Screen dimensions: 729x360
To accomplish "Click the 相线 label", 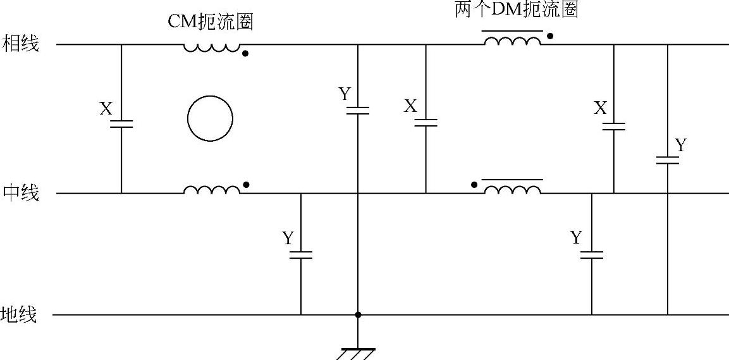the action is point(21,44).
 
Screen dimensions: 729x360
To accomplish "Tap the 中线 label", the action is point(21,192).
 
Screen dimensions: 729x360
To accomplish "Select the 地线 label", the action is point(21,314).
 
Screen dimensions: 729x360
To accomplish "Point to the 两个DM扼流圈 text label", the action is point(517,10).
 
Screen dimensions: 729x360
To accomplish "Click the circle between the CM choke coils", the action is point(211,119).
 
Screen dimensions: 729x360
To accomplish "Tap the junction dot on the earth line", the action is point(358,314).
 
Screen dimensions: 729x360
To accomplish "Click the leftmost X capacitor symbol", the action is point(121,123).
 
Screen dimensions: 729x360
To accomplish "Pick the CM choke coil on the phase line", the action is point(212,47).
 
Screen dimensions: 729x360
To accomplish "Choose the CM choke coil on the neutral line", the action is point(212,189).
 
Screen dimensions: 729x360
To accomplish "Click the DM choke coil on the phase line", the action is point(513,41).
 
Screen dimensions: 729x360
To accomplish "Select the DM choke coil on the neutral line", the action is point(513,189).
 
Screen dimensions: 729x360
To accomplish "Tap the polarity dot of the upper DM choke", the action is point(550,36).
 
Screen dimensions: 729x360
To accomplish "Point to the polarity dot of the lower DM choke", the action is point(474,185).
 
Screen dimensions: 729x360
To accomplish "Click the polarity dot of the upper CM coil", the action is point(245,54).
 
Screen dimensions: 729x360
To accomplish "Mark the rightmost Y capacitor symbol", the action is point(667,159).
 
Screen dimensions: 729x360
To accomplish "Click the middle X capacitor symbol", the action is point(426,121).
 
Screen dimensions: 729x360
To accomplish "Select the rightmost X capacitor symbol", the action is point(613,126).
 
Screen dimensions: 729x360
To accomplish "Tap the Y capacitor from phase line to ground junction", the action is point(358,110).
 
